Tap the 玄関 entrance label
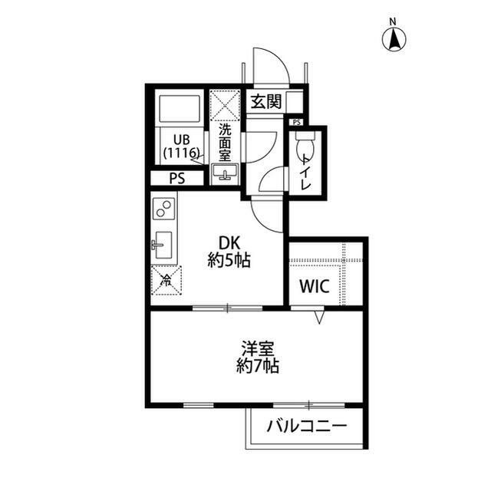265,101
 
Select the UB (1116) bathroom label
182,146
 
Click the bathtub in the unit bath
180,110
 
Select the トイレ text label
306,172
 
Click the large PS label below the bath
177,179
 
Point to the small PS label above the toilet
296,122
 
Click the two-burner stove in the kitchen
164,209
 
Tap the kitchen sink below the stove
163,246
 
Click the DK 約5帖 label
229,251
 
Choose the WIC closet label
314,287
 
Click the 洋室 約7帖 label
257,357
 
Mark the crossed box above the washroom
226,104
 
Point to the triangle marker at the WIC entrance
321,316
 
